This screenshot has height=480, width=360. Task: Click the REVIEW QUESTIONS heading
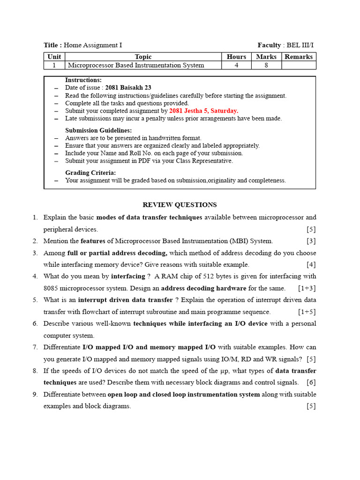point(180,205)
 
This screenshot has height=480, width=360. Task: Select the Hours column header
point(236,57)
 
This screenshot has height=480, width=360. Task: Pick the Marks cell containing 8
point(266,66)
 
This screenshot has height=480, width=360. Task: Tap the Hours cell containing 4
point(236,66)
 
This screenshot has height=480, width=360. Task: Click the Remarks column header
point(299,57)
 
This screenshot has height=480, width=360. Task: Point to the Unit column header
point(54,57)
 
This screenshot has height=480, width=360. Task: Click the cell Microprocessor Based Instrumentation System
point(136,66)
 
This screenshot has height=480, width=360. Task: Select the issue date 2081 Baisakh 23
point(128,88)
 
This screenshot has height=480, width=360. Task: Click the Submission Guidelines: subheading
point(98,130)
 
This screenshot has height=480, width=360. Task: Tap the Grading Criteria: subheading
point(90,173)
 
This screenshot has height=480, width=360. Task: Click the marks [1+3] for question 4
point(307,288)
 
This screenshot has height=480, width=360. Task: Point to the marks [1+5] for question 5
point(307,312)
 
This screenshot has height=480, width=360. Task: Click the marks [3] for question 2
point(311,241)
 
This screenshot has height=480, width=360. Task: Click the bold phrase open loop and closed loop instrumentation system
point(184,395)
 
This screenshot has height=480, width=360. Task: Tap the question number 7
point(35,347)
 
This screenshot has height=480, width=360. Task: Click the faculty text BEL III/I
point(300,45)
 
